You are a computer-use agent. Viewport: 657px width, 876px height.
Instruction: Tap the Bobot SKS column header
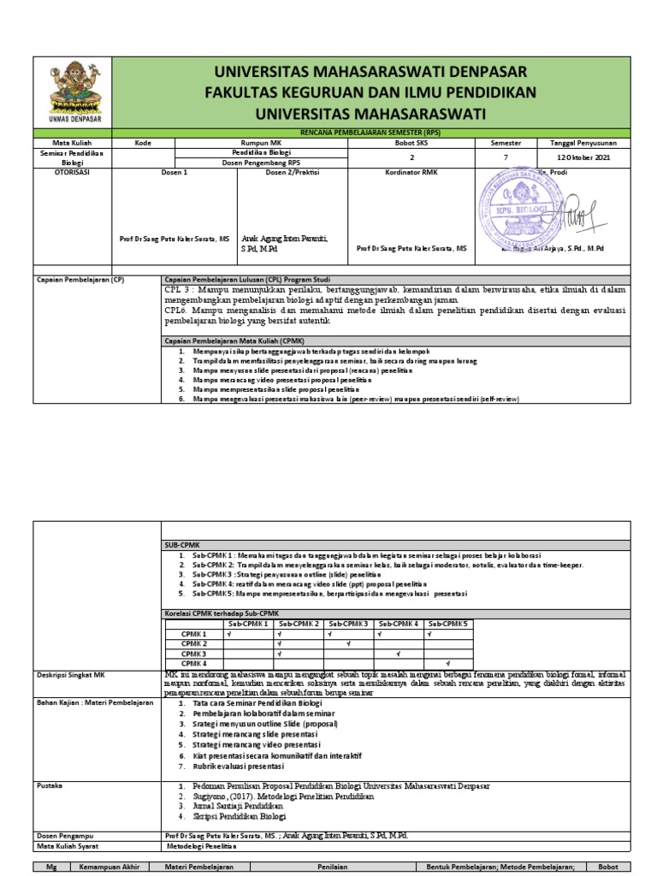pyautogui.click(x=411, y=143)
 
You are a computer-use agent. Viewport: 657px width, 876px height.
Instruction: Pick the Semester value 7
pyautogui.click(x=505, y=157)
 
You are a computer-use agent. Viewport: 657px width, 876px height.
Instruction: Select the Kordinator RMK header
pyautogui.click(x=411, y=172)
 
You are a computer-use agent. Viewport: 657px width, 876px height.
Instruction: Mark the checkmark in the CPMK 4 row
pyautogui.click(x=447, y=663)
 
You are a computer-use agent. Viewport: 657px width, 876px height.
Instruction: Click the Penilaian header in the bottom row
pyautogui.click(x=341, y=867)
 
